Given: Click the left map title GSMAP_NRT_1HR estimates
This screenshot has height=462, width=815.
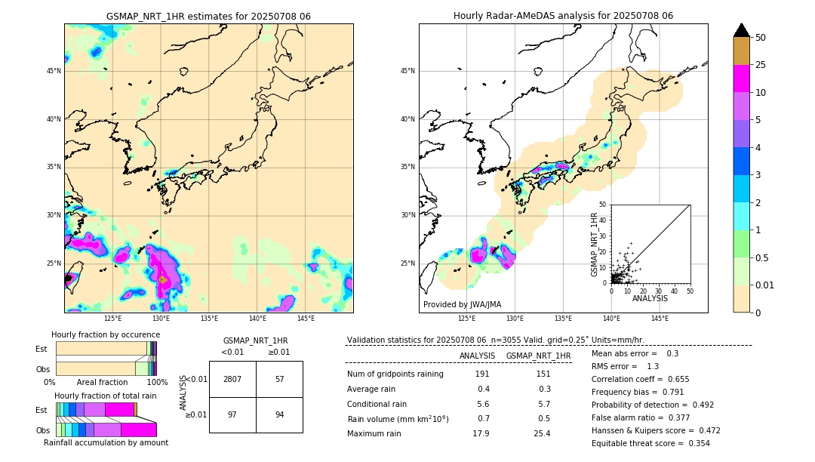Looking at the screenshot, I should click(x=208, y=16).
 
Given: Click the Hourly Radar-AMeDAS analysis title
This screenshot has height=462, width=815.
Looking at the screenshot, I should click(x=563, y=16).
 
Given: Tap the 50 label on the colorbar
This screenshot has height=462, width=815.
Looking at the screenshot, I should click(x=761, y=38).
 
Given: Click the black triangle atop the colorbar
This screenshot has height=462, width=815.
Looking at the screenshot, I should click(x=741, y=30).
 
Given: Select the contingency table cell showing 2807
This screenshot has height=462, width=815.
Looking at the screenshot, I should click(x=232, y=379).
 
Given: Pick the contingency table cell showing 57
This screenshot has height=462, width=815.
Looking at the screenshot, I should click(x=279, y=379).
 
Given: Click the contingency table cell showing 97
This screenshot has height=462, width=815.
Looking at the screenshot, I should click(x=232, y=414).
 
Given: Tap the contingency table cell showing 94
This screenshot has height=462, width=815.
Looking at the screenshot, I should click(x=279, y=414).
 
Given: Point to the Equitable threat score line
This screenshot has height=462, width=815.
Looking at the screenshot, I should click(x=650, y=443).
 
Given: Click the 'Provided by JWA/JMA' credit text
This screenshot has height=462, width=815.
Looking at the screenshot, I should click(x=462, y=305).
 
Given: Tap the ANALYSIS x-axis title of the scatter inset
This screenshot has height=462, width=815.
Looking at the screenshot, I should click(x=650, y=299).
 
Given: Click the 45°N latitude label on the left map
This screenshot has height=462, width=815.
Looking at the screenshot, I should click(x=54, y=71).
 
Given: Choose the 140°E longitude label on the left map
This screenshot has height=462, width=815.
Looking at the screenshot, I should click(x=257, y=319).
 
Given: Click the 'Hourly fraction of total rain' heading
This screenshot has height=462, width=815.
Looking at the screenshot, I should click(x=106, y=396).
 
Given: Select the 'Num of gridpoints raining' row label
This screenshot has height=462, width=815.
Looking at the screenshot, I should click(x=395, y=374).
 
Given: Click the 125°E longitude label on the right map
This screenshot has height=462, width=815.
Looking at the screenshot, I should click(x=467, y=319).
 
